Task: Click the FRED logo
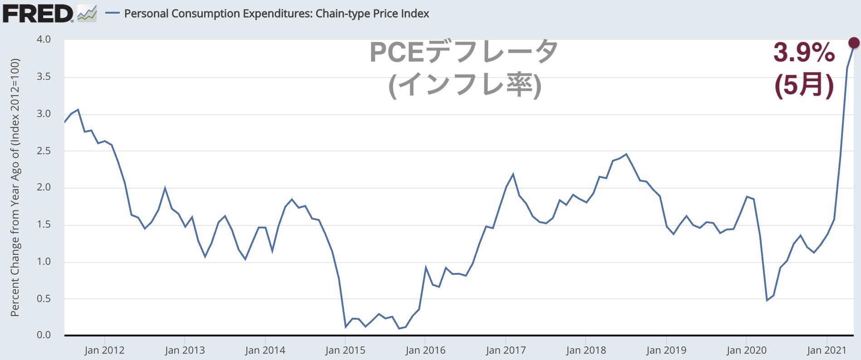pyautogui.click(x=38, y=14)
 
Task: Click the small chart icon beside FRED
pyautogui.click(x=87, y=14)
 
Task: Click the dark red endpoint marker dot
pyautogui.click(x=854, y=43)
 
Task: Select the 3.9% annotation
pyautogui.click(x=804, y=53)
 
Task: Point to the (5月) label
pyautogui.click(x=804, y=85)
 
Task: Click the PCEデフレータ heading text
pyautogui.click(x=464, y=52)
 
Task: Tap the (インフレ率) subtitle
pyautogui.click(x=465, y=85)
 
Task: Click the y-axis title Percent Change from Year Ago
pyautogui.click(x=15, y=187)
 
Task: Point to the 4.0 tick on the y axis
pyautogui.click(x=44, y=39)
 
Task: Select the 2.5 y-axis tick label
pyautogui.click(x=44, y=151)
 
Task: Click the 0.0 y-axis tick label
pyautogui.click(x=44, y=335)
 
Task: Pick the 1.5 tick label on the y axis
pyautogui.click(x=44, y=224)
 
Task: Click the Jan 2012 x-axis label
pyautogui.click(x=104, y=350)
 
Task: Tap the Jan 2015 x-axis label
pyautogui.click(x=345, y=350)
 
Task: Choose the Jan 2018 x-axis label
pyautogui.click(x=586, y=350)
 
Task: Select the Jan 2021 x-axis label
pyautogui.click(x=827, y=350)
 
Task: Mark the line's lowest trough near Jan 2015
pyautogui.click(x=346, y=327)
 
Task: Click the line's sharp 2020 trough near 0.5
pyautogui.click(x=767, y=300)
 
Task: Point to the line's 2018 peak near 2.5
pyautogui.click(x=626, y=154)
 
